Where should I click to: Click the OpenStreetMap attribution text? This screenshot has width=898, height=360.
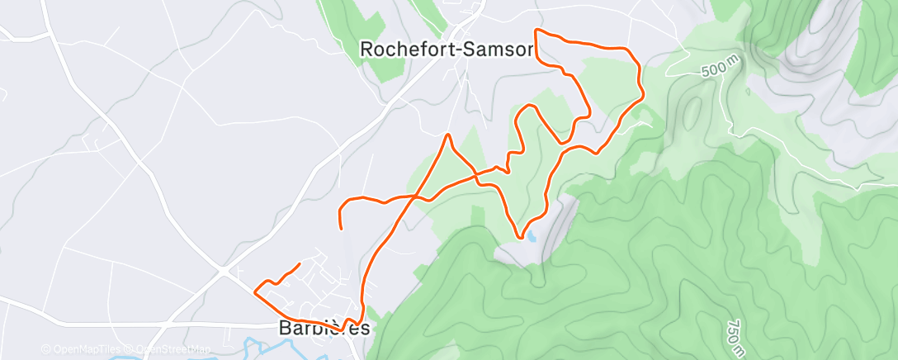point(174,349)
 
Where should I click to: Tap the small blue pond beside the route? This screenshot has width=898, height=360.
point(532,236)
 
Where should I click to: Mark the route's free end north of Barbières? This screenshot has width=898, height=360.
point(341,227)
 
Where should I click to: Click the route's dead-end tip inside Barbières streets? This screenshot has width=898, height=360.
point(299,263)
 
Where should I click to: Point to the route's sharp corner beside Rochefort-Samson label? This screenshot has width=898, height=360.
point(536,31)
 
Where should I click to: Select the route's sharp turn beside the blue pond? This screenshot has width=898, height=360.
point(521,237)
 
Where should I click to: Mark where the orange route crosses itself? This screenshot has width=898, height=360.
point(421,198)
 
